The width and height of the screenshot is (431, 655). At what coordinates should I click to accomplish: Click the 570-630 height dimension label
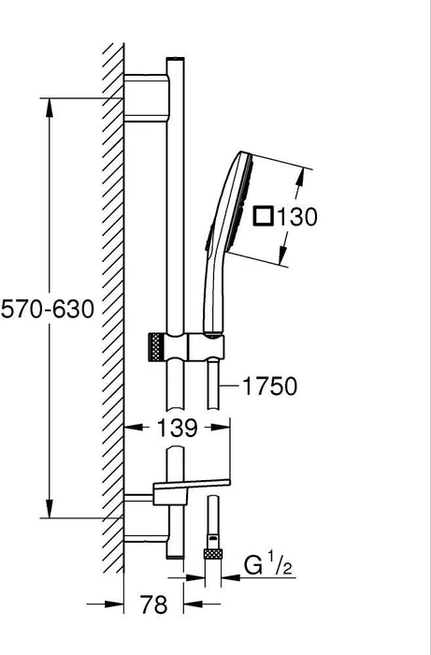coord(48,310)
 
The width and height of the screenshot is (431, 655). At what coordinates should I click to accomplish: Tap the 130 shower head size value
coord(297,217)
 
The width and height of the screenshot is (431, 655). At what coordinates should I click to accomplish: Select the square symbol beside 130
coord(264,216)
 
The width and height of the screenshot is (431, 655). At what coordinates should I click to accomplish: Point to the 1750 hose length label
coord(269,386)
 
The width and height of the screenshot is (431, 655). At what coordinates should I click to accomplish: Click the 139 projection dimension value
coord(178,428)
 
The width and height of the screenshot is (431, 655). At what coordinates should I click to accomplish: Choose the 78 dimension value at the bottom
coord(153,604)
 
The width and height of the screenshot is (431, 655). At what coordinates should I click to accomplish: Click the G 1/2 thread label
coord(268,566)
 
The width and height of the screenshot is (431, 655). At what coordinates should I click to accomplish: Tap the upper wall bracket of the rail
coord(147,98)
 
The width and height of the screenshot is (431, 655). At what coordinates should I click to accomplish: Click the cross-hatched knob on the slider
coord(155,347)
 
